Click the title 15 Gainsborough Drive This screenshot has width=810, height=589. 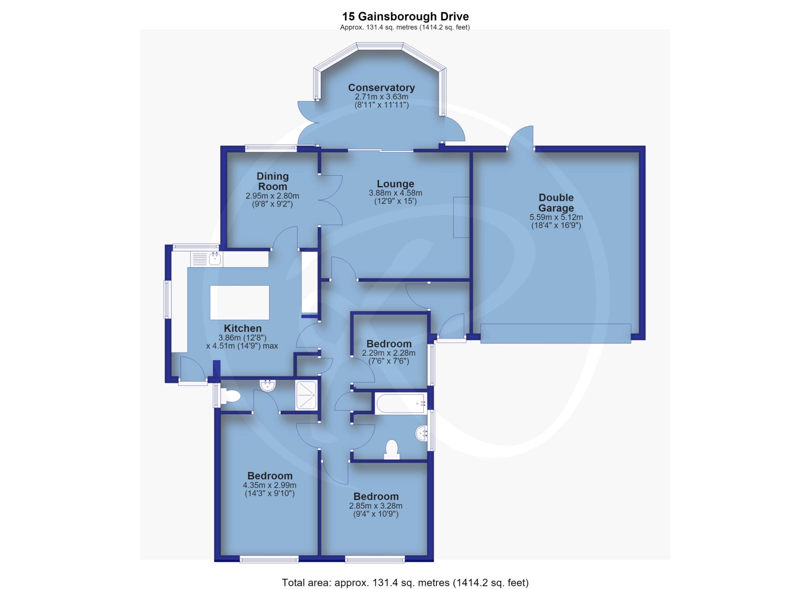click(405, 17)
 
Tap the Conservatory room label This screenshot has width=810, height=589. click(381, 87)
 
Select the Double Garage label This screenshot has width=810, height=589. click(556, 203)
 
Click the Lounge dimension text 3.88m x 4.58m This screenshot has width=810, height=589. click(396, 193)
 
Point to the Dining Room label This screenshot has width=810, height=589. click(273, 181)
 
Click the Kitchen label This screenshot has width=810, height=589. click(242, 328)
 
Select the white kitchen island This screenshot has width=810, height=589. click(240, 302)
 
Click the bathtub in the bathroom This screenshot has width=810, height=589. click(401, 403)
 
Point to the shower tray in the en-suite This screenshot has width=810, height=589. click(306, 395)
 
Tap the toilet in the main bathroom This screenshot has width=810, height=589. click(391, 449)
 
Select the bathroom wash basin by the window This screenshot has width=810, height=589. click(421, 434)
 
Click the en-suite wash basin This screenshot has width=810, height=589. click(268, 385)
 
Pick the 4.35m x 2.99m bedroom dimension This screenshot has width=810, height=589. click(270, 485)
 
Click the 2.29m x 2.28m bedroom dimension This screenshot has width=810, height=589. click(389, 353)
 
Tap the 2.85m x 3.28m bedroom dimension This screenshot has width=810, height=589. click(376, 506)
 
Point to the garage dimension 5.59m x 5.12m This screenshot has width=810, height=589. click(556, 217)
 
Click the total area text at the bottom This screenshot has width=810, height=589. click(405, 582)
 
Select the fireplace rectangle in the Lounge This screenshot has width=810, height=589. click(461, 217)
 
